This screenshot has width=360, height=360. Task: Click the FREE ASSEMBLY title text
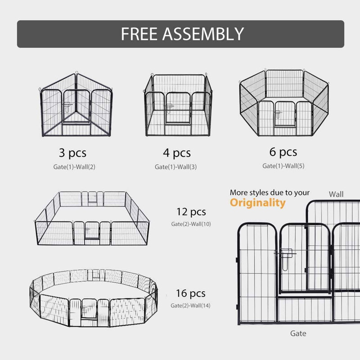(182, 34)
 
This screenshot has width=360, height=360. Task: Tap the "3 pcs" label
(72, 153)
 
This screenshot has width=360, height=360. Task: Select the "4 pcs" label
(177, 153)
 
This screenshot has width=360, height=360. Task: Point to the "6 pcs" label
(283, 152)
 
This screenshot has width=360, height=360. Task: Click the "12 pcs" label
(191, 212)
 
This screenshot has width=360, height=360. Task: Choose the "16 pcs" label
(190, 293)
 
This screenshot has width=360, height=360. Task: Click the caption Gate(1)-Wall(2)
(74, 166)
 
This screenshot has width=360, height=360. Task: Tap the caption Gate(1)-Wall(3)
(175, 166)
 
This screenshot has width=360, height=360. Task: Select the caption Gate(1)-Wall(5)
(283, 166)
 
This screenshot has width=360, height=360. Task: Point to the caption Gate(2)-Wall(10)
(191, 224)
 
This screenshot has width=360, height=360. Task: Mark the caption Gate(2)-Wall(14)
(190, 306)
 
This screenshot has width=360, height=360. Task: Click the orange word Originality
(257, 203)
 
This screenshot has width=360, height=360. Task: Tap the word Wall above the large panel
(336, 194)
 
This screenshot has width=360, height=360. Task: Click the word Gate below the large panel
(298, 333)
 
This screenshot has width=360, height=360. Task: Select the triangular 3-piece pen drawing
(76, 104)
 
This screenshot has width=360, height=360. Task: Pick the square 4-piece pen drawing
(178, 105)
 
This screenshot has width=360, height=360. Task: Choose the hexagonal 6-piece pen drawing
(284, 103)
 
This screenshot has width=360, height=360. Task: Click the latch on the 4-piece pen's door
(169, 108)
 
